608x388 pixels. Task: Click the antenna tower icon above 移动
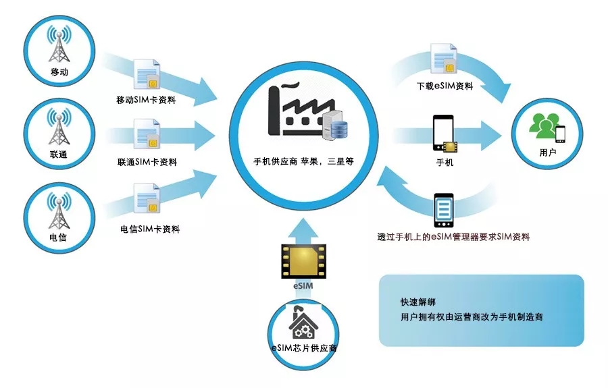pyautogui.click(x=59, y=43)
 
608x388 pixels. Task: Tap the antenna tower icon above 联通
pyautogui.click(x=59, y=126)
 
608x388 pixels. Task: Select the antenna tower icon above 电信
pyautogui.click(x=59, y=211)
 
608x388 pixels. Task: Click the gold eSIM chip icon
pyautogui.click(x=303, y=261)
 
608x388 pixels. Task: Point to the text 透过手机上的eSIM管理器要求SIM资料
pyautogui.click(x=453, y=238)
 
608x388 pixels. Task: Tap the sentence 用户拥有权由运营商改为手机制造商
pyautogui.click(x=472, y=316)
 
